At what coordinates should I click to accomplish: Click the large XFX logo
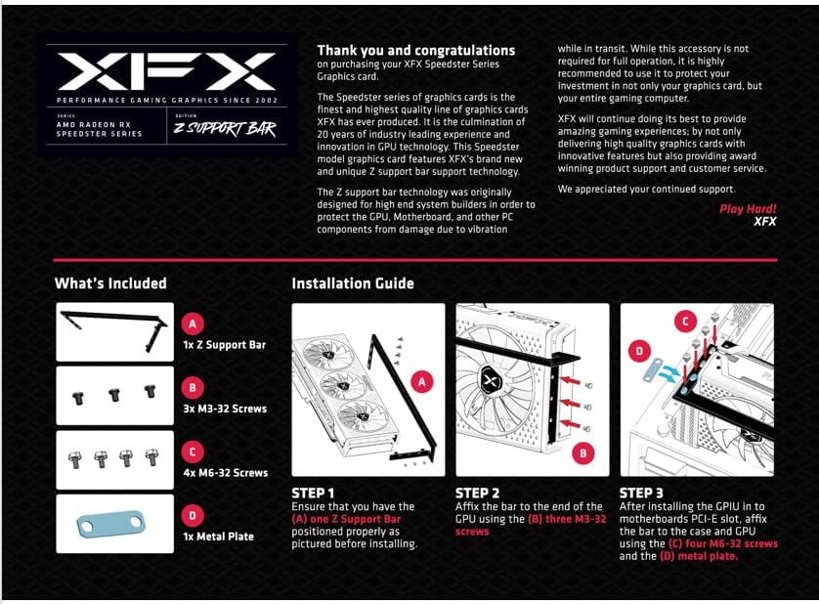[165, 72]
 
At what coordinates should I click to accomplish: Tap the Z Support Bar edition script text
[224, 129]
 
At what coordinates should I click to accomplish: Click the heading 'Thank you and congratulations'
[415, 50]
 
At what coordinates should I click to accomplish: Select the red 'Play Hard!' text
[748, 209]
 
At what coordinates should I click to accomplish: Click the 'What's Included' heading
[110, 283]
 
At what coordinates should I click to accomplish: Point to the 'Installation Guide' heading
[353, 283]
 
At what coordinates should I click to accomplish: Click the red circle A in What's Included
[194, 324]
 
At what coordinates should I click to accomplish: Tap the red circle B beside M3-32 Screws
[194, 388]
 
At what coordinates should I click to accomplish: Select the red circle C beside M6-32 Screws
[194, 452]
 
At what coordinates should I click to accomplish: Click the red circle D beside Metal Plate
[194, 515]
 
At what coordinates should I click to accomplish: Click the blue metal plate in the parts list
[115, 525]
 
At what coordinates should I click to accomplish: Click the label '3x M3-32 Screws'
[225, 409]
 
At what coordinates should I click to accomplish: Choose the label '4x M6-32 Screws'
[225, 472]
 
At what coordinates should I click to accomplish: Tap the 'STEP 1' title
[313, 493]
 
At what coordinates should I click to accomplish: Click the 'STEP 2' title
[477, 493]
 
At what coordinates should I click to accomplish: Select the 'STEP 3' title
[641, 493]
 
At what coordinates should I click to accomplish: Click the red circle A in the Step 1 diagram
[422, 382]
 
